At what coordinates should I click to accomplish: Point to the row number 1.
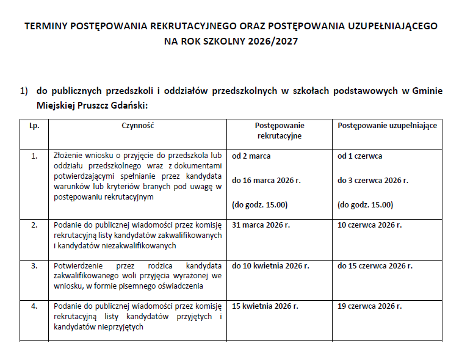pyautogui.click(x=34, y=156)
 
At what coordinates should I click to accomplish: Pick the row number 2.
pyautogui.click(x=34, y=225)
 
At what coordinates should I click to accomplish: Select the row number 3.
pyautogui.click(x=34, y=266)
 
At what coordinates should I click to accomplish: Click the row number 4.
pyautogui.click(x=34, y=306)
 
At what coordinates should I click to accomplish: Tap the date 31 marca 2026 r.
pyautogui.click(x=261, y=225)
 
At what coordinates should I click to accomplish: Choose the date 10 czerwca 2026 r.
pyautogui.click(x=369, y=225)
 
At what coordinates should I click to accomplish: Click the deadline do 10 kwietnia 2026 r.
pyautogui.click(x=270, y=266)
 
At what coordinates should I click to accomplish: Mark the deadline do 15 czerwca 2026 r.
pyautogui.click(x=375, y=266)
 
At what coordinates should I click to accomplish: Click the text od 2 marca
pyautogui.click(x=251, y=156)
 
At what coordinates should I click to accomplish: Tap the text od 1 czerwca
pyautogui.click(x=359, y=156)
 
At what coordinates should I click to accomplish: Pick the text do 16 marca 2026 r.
pyautogui.click(x=267, y=181)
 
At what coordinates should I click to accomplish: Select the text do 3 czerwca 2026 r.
pyautogui.click(x=372, y=181)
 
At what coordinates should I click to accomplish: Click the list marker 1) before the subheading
pyautogui.click(x=24, y=91)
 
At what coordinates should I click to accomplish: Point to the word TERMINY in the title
pyautogui.click(x=46, y=27)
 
